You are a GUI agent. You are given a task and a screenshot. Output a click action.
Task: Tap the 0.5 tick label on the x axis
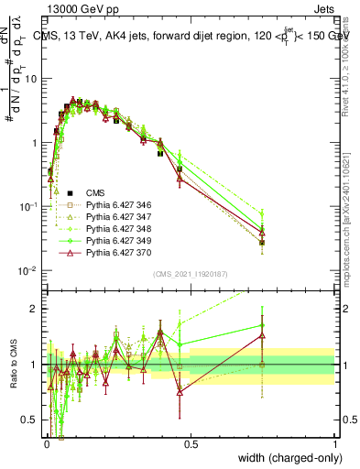(x=191, y=444)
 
